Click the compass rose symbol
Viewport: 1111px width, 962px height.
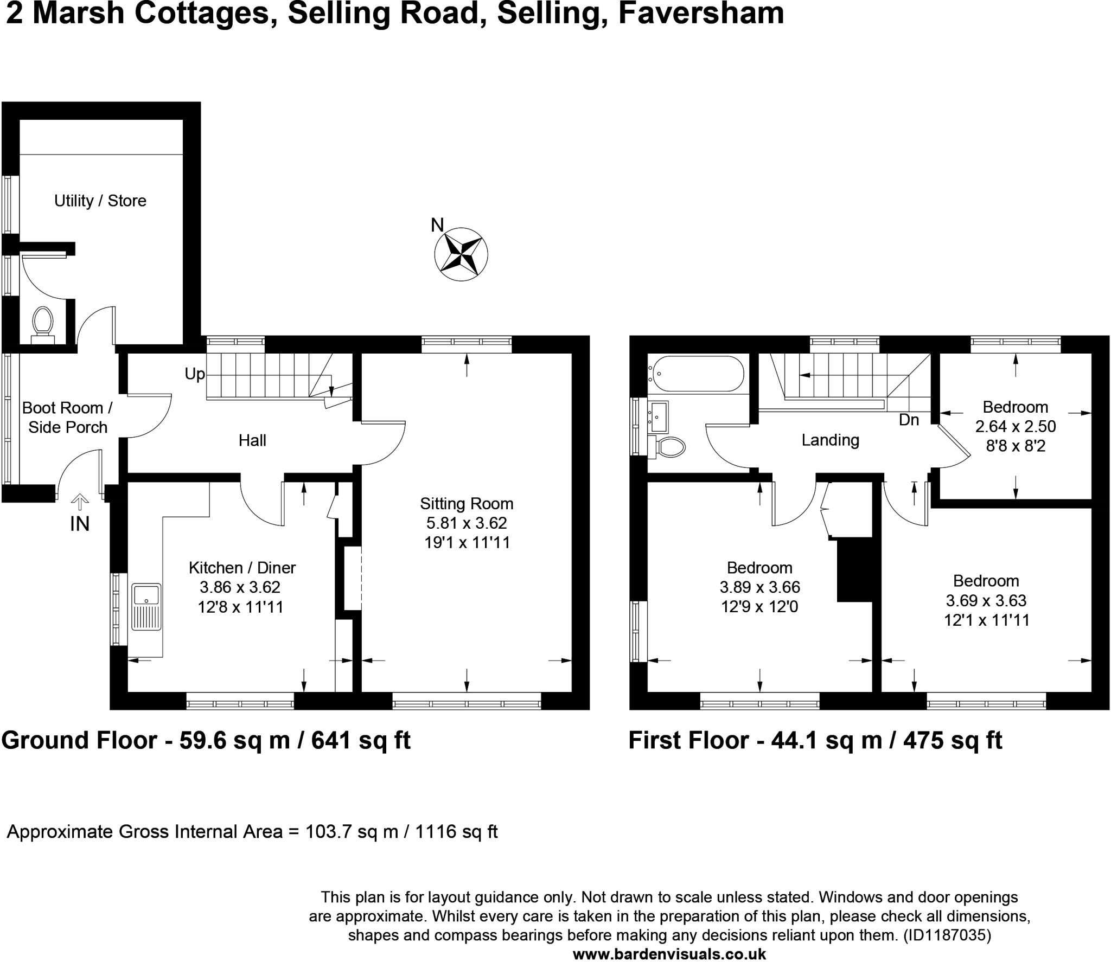coord(461,254)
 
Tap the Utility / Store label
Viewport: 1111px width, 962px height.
coord(100,201)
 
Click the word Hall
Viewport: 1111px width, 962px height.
coord(252,440)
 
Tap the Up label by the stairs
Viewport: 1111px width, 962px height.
coord(195,374)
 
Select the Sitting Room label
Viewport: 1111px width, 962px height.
coord(467,504)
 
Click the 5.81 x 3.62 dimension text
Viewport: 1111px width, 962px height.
coord(467,523)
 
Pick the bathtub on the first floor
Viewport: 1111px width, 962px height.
coord(697,374)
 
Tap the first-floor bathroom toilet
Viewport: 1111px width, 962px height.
coord(670,447)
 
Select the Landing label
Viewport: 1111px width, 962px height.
coord(830,440)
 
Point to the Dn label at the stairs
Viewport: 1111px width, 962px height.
coord(909,420)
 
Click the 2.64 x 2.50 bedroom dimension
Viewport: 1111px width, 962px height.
coord(1016,427)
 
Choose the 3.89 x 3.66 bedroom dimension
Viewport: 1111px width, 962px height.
coord(759,587)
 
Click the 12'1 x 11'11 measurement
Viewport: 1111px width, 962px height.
coord(986,620)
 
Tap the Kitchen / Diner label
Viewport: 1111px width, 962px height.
coord(242,568)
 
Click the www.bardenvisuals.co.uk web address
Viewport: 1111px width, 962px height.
coord(669,954)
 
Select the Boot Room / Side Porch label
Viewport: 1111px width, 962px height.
coord(68,418)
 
